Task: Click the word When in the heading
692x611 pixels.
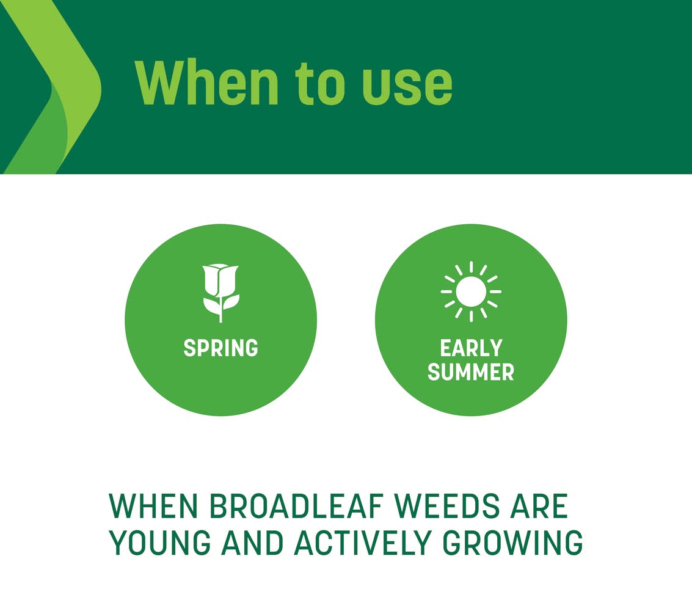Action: pyautogui.click(x=206, y=82)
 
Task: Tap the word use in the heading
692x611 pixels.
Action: pyautogui.click(x=406, y=87)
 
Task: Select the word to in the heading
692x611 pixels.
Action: pyautogui.click(x=319, y=84)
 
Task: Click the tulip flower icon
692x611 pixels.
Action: pyautogui.click(x=220, y=293)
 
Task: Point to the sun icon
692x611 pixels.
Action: pyautogui.click(x=471, y=291)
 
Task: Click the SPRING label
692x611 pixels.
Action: pyautogui.click(x=220, y=348)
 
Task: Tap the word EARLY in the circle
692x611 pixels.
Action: pyautogui.click(x=471, y=348)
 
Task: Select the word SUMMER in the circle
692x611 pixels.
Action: pyautogui.click(x=471, y=371)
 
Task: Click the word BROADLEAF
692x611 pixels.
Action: pyautogui.click(x=296, y=506)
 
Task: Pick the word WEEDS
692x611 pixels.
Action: pyautogui.click(x=448, y=506)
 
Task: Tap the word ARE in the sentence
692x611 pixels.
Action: pyautogui.click(x=539, y=506)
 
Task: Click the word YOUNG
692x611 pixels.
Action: pyautogui.click(x=160, y=543)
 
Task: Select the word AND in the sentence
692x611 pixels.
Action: pyautogui.click(x=252, y=543)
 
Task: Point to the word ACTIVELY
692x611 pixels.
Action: pyautogui.click(x=362, y=543)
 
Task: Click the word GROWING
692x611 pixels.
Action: pyautogui.click(x=513, y=543)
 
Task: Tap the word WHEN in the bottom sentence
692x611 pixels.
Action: pyautogui.click(x=153, y=506)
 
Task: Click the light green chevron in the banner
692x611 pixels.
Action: pyautogui.click(x=57, y=87)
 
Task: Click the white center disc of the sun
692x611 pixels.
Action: pyautogui.click(x=471, y=291)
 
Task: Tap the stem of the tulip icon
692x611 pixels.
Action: pyautogui.click(x=220, y=309)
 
